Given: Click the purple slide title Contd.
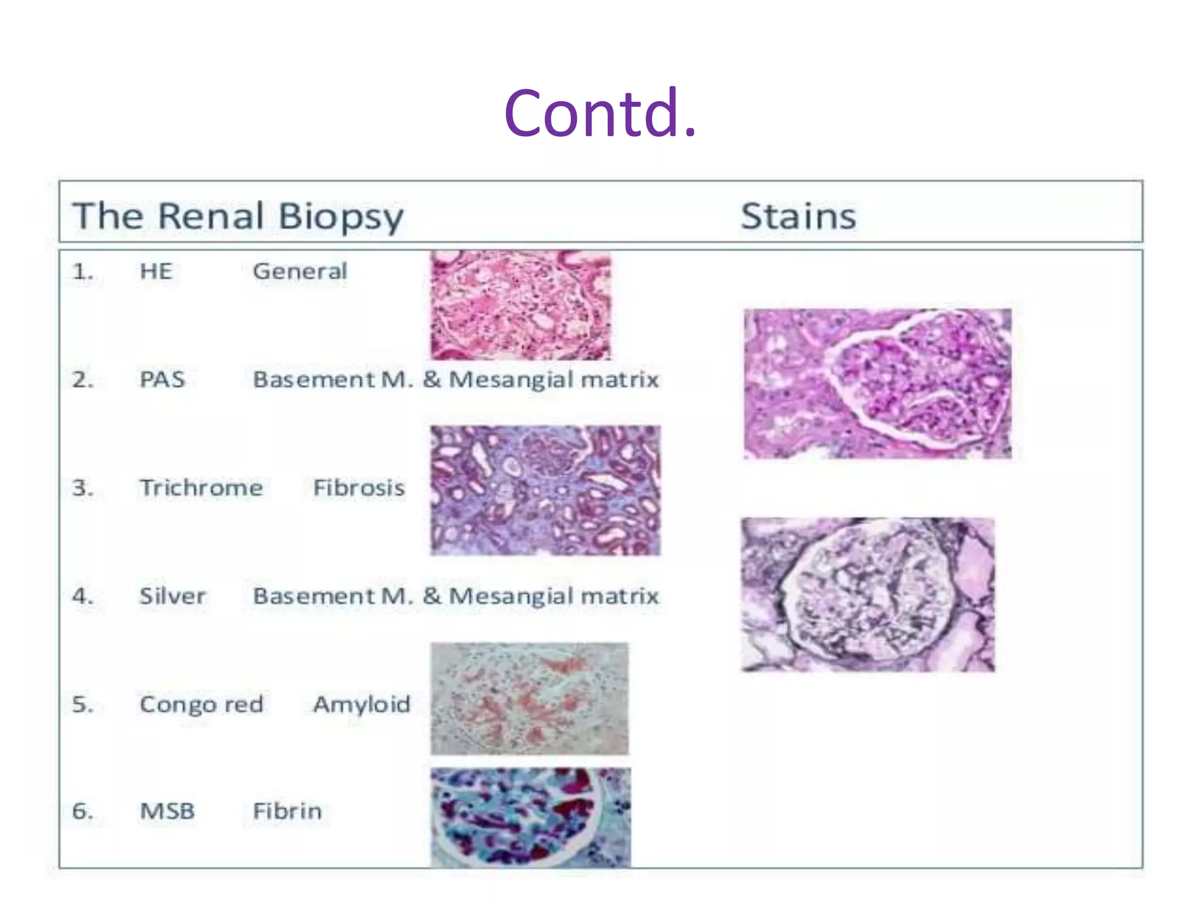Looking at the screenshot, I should (600, 113).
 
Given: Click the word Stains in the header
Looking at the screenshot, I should (798, 216).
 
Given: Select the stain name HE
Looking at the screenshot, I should (156, 271).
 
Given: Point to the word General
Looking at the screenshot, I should (300, 271).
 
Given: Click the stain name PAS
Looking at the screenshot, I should (162, 379).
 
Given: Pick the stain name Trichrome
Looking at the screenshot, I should (201, 488).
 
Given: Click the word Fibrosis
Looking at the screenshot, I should (359, 488).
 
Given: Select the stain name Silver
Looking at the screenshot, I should (173, 596).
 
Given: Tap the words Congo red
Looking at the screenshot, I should (201, 704).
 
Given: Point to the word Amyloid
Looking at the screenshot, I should (362, 704).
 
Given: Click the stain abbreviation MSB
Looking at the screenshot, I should (167, 812).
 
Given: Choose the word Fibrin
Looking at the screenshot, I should (287, 812).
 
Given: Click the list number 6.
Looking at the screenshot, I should (82, 812).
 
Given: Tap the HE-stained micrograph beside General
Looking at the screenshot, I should (521, 305).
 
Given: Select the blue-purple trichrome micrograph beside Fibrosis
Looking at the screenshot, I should (545, 490).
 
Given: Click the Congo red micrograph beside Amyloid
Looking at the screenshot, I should (529, 699).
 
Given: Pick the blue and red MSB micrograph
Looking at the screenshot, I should (531, 817).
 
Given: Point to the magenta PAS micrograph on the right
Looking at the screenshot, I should (877, 383).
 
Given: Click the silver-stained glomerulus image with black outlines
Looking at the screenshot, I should (867, 595).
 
